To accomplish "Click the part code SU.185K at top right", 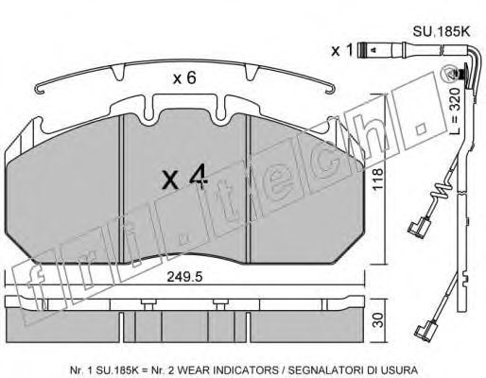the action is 442,32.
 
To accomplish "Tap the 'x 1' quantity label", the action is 342,50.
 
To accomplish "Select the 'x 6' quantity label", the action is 184,77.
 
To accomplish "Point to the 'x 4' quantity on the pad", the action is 185,179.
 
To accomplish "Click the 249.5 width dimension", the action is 184,277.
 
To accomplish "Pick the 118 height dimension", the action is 378,179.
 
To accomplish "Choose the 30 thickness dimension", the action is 378,319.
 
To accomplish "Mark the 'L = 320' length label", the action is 454,112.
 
